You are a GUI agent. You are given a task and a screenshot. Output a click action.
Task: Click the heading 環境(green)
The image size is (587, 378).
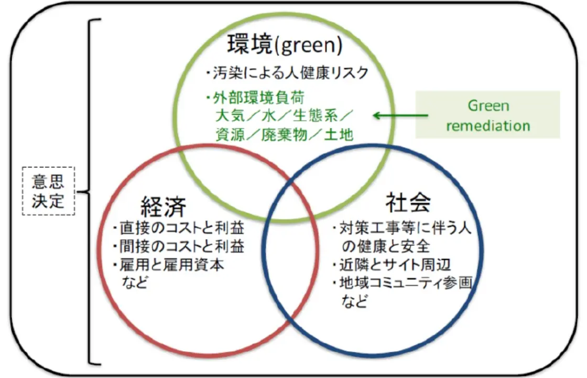click(285, 45)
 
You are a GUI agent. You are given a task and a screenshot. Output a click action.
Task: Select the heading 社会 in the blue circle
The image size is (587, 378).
click(408, 202)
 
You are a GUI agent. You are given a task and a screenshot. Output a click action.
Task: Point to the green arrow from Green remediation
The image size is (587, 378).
click(400, 115)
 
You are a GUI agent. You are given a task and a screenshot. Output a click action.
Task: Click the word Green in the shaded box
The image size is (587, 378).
click(488, 106)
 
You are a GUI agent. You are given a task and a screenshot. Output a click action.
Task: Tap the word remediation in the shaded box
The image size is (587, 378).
click(488, 125)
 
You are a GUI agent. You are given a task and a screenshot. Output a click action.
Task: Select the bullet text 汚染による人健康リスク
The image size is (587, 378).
click(290, 73)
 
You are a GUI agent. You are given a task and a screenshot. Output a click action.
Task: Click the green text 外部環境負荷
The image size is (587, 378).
click(258, 98)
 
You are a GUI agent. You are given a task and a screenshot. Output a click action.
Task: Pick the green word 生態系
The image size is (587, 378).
click(315, 115)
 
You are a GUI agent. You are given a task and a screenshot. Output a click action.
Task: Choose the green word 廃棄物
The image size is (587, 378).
click(284, 134)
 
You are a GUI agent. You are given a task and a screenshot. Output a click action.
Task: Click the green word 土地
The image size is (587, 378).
click(339, 134)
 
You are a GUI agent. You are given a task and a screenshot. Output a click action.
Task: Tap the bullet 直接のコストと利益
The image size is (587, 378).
click(181, 228)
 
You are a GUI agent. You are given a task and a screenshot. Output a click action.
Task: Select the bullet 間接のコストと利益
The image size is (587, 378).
click(181, 246)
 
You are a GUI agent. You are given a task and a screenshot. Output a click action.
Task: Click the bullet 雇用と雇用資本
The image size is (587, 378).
click(171, 265)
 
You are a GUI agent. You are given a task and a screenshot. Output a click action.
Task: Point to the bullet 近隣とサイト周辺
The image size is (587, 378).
click(395, 265)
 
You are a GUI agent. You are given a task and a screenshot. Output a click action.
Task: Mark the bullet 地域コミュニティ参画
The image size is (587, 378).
click(406, 283)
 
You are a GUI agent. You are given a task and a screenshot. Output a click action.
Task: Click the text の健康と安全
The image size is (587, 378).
click(386, 246)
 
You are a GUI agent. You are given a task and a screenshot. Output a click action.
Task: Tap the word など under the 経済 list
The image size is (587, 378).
click(135, 282)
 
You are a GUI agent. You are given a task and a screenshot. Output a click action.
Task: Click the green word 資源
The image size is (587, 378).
click(230, 134)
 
